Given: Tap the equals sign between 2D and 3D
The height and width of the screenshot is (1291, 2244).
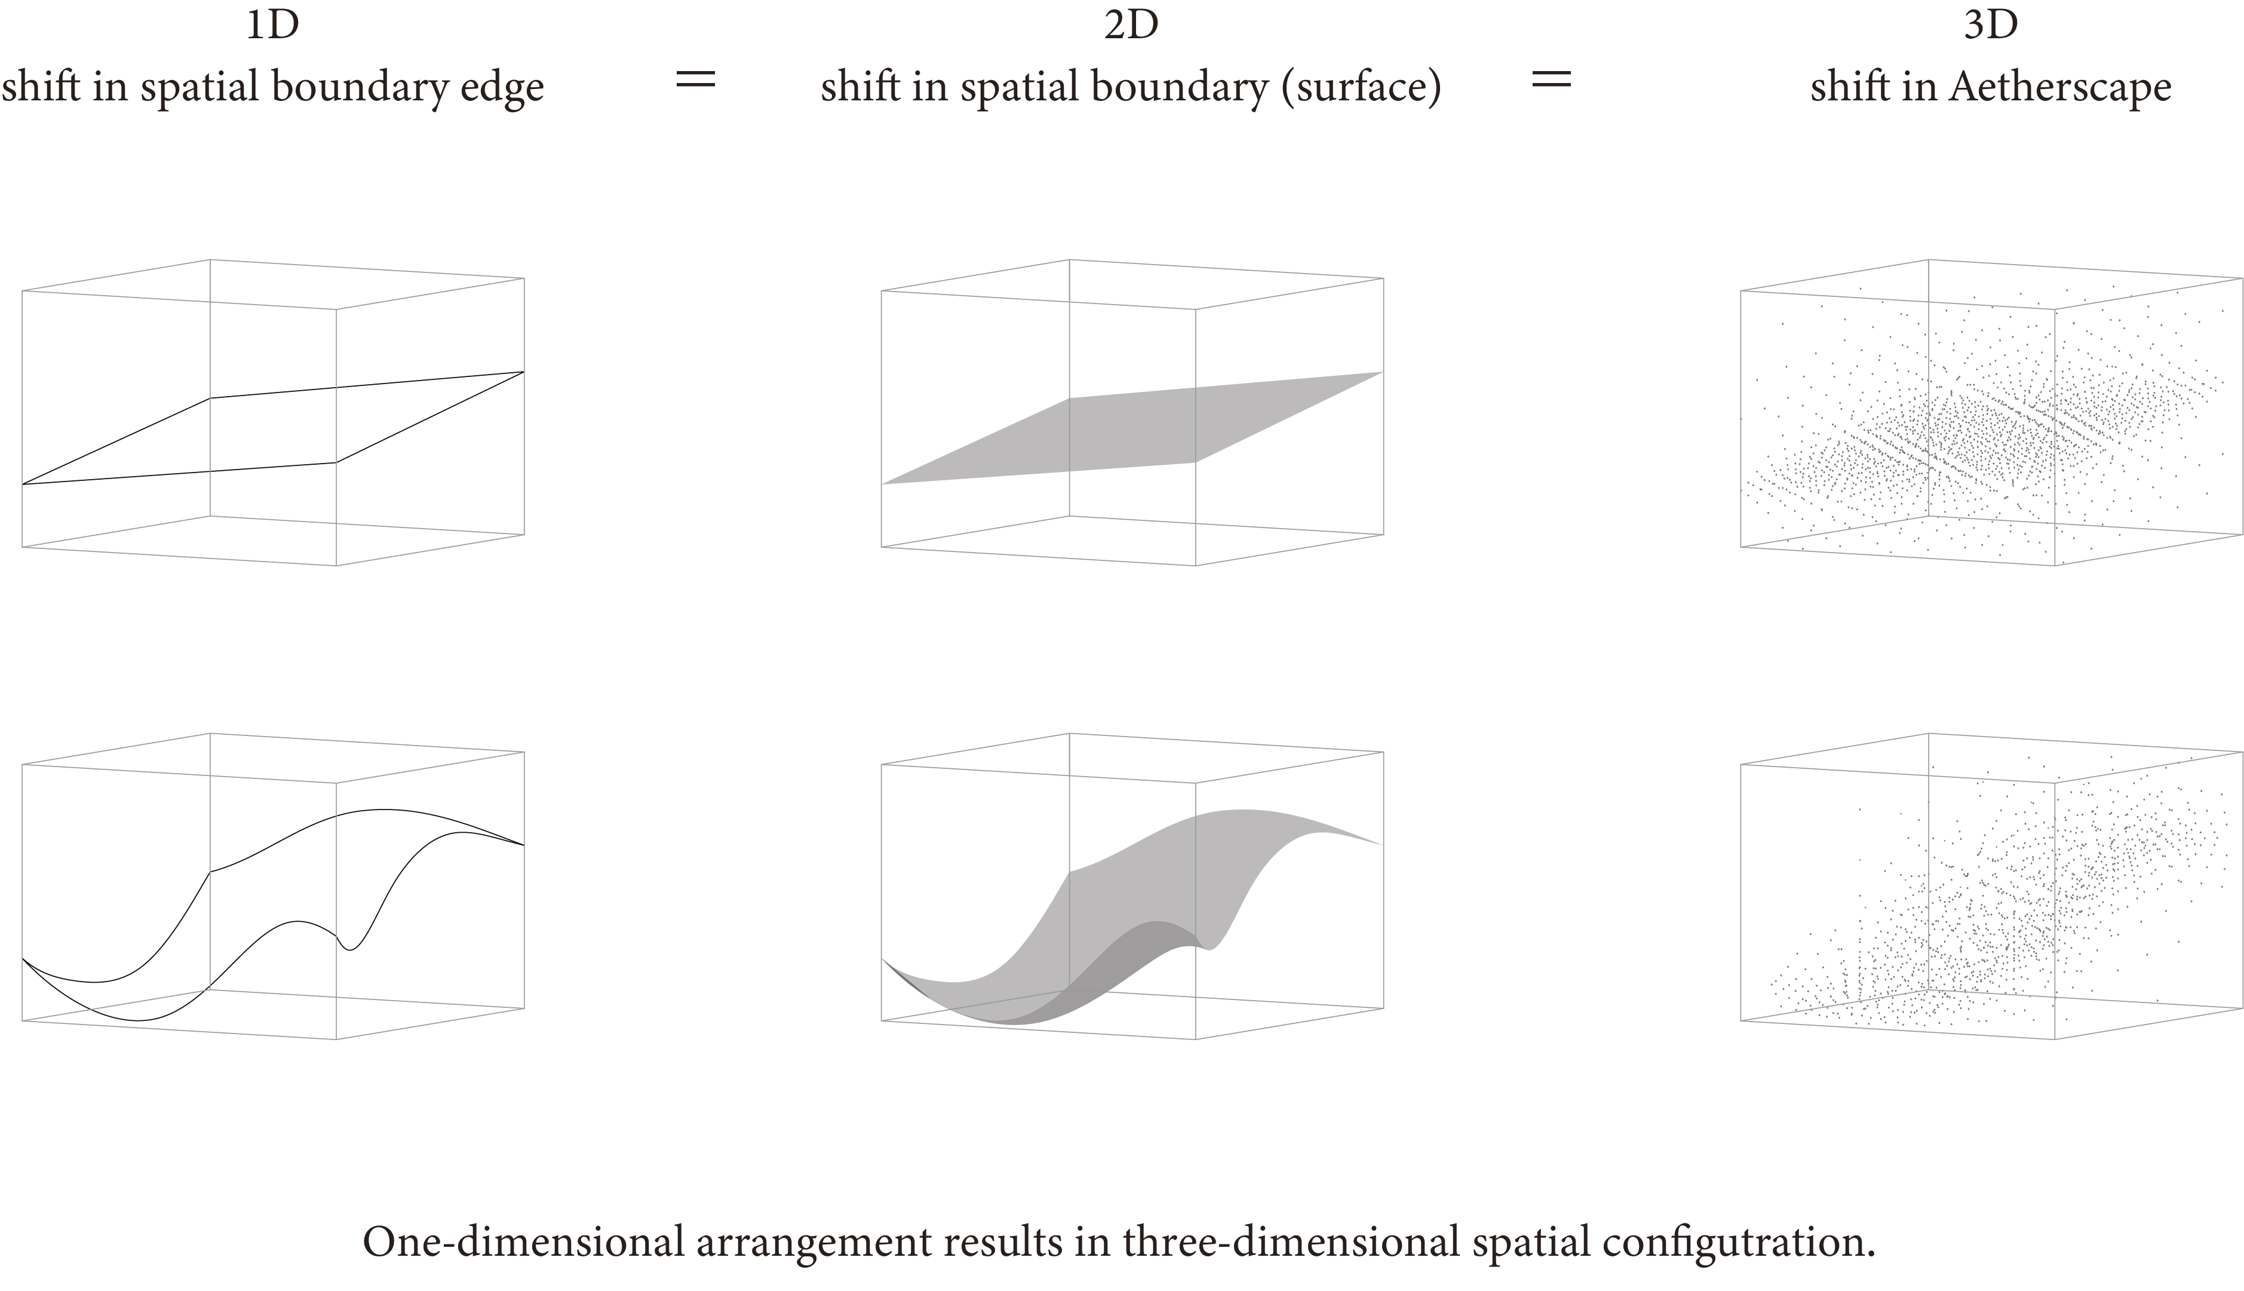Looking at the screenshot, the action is [x=1551, y=80].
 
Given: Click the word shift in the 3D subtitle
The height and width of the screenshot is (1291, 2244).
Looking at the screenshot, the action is [x=1843, y=87].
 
